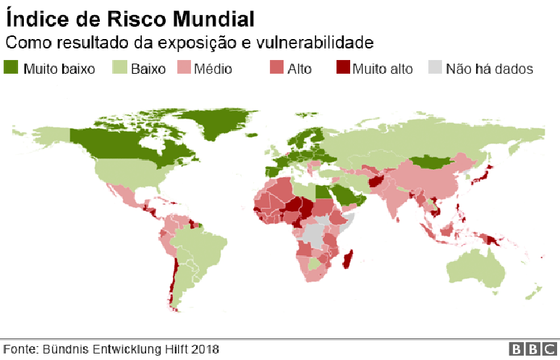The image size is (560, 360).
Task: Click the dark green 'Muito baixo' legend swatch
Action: pyautogui.click(x=12, y=68)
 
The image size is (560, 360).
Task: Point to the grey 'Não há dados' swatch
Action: pyautogui.click(x=434, y=68)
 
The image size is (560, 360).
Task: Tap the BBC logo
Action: pyautogui.click(x=534, y=349)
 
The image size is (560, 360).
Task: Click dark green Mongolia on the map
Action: pyautogui.click(x=433, y=163)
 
